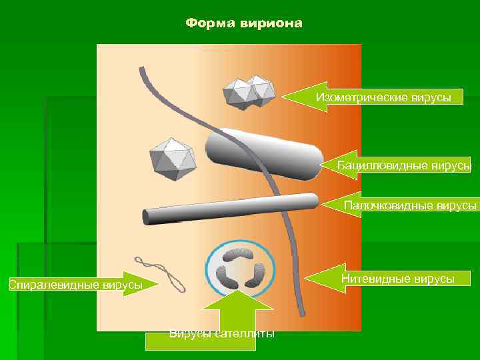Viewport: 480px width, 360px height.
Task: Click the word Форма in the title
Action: (x=207, y=24)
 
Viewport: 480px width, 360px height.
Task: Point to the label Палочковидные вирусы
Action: (x=411, y=206)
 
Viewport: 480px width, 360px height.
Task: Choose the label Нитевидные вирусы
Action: (x=397, y=279)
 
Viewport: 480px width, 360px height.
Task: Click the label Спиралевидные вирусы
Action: (x=75, y=285)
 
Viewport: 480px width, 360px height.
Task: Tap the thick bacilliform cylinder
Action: (x=261, y=154)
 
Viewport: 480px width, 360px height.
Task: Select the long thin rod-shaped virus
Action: (x=230, y=209)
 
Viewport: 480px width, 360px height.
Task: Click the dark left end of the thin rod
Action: (x=146, y=217)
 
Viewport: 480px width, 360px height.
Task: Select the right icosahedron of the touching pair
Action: (x=259, y=90)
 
